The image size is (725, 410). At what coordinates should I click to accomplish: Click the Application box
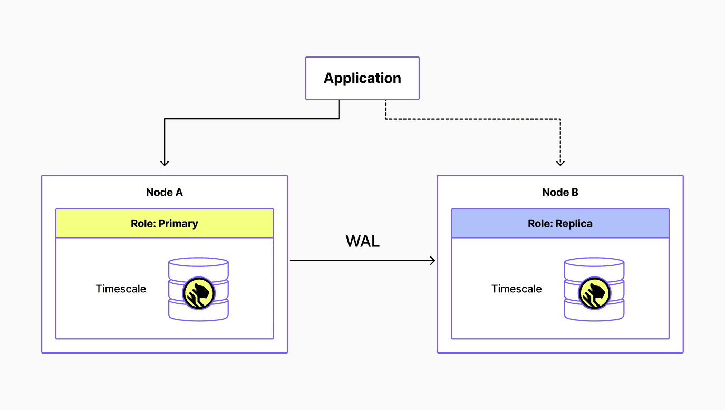click(362, 78)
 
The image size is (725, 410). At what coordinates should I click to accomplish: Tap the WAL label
click(362, 241)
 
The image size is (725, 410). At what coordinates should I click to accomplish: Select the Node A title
click(164, 193)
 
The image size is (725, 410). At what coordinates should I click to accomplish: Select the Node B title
click(560, 193)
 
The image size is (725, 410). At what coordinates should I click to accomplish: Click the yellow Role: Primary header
click(164, 223)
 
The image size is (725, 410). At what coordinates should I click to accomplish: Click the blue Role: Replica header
click(560, 223)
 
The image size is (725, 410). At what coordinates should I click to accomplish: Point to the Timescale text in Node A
click(121, 289)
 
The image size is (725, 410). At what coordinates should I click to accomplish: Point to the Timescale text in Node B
click(517, 289)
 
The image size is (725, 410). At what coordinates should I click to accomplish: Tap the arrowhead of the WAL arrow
click(433, 260)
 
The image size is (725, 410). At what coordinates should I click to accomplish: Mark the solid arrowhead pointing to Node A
click(165, 163)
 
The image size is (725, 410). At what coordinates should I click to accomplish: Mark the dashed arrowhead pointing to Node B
click(560, 163)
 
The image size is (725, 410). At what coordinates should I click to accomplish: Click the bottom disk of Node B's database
click(594, 311)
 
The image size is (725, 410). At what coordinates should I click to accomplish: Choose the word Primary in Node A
click(178, 223)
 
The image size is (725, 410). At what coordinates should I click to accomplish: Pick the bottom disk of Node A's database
click(198, 311)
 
